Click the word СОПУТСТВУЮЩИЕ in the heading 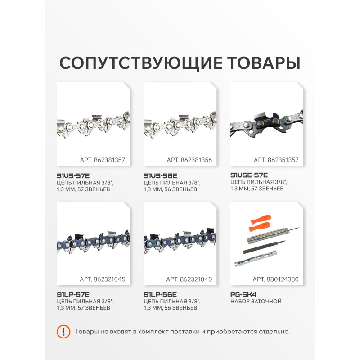click(x=141, y=63)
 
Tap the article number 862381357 click(x=109, y=160)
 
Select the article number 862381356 click(x=196, y=160)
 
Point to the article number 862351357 click(x=283, y=160)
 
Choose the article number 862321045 click(x=109, y=279)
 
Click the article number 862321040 click(x=196, y=279)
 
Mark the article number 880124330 click(x=283, y=279)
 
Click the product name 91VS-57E click(x=73, y=176)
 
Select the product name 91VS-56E click(x=161, y=176)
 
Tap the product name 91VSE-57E click(x=249, y=175)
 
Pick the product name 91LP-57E click(x=73, y=294)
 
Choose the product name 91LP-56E click(x=160, y=294)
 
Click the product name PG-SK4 click(x=243, y=294)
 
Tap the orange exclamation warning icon click(x=63, y=332)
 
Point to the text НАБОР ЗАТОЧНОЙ click(x=256, y=301)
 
